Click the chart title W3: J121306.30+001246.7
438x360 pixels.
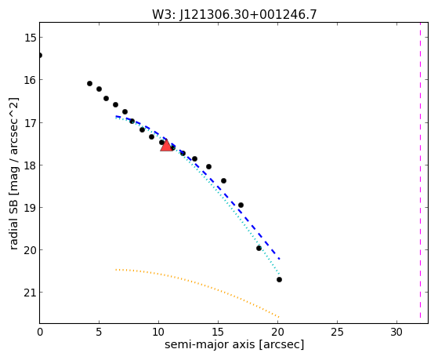pyautogui.click(x=234, y=14)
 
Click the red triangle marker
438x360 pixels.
pyautogui.click(x=166, y=145)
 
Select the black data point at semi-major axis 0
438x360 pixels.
pyautogui.click(x=40, y=56)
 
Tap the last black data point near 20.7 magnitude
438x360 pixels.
pyautogui.click(x=279, y=279)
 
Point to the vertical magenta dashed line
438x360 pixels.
pyautogui.click(x=420, y=173)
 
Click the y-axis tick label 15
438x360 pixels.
pyautogui.click(x=30, y=38)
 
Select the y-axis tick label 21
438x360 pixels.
pyautogui.click(x=30, y=293)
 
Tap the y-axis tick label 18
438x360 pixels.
pyautogui.click(x=30, y=165)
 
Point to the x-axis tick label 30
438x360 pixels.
pyautogui.click(x=396, y=332)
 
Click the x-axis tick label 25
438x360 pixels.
pyautogui.click(x=337, y=332)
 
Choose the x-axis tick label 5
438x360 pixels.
pyautogui.click(x=99, y=332)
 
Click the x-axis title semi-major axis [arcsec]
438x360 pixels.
pyautogui.click(x=234, y=344)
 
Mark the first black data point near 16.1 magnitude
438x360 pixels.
pyautogui.click(x=89, y=83)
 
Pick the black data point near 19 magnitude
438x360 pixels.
pyautogui.click(x=241, y=205)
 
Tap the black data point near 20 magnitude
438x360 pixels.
pyautogui.click(x=259, y=248)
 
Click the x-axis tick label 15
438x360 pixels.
pyautogui.click(x=218, y=332)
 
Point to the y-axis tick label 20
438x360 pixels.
pyautogui.click(x=30, y=249)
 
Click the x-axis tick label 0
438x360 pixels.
pyautogui.click(x=40, y=332)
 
